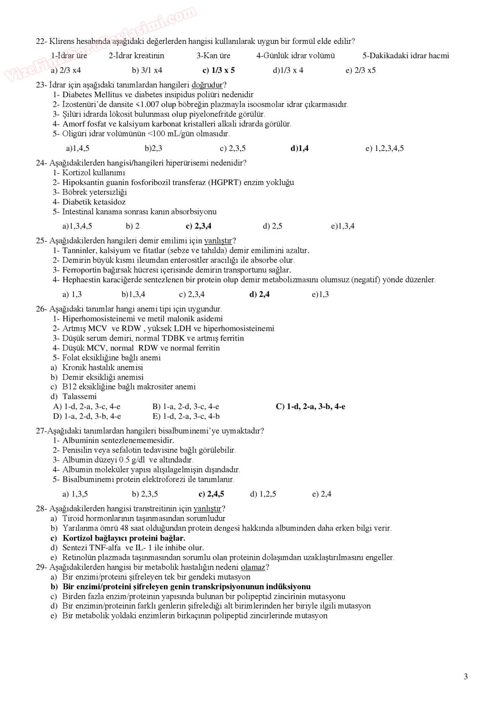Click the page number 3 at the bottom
(465, 676)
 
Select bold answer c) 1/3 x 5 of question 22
(219, 70)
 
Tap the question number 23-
(41, 85)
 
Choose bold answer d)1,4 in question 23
(300, 148)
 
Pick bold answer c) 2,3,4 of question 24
(198, 226)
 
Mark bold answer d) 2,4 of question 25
(259, 294)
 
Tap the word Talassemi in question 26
(79, 396)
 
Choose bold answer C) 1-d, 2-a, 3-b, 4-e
(311, 406)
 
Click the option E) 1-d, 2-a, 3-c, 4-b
(186, 416)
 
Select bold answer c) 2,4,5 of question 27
(211, 494)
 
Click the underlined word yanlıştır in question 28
(207, 509)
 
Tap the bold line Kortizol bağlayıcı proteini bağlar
(124, 538)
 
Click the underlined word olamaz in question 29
(253, 567)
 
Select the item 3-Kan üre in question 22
(213, 56)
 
